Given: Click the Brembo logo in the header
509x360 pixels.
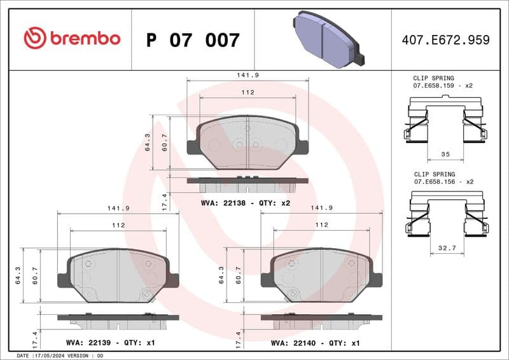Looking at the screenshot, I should coord(71,39).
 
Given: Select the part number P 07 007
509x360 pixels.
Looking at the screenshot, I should coord(193,40).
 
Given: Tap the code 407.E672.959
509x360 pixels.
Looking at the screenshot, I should coord(445,40).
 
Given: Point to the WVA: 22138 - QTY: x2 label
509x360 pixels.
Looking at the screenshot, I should coord(246,203).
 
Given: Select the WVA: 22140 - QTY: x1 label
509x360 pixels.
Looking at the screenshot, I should coord(315,343).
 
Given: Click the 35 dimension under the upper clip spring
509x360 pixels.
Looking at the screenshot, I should coord(445,155).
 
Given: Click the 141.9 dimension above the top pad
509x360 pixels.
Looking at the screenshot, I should coord(248,74).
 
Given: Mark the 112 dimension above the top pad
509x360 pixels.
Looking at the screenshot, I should coord(248,92).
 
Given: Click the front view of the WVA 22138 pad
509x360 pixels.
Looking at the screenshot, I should coord(248,142).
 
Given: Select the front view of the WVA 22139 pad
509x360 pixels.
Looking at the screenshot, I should coord(118,275).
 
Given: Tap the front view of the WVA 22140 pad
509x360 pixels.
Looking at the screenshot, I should coord(321,275).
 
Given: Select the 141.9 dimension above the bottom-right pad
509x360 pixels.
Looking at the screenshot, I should coord(321,207).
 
